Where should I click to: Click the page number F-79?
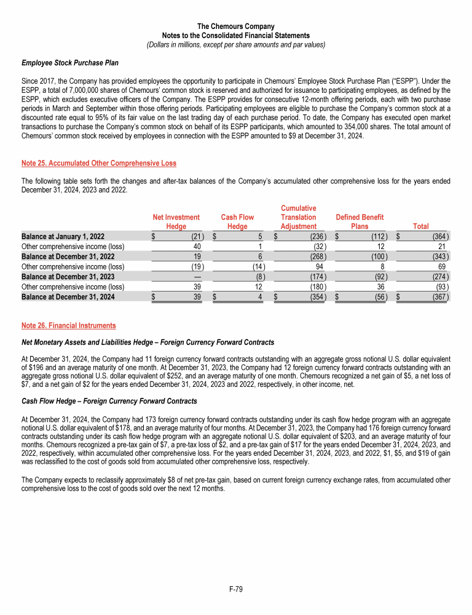(236, 590)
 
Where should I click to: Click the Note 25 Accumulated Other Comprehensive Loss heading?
(99, 163)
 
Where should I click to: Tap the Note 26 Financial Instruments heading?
(68, 325)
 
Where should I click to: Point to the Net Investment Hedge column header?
(176, 221)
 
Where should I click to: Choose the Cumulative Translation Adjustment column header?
(298, 217)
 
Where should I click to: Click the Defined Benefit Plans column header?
(360, 221)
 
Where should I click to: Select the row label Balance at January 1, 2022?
(63, 236)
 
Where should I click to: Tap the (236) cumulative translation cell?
(316, 236)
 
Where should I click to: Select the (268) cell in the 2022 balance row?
(316, 256)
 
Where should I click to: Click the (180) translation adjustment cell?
(316, 288)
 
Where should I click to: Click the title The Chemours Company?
(236, 26)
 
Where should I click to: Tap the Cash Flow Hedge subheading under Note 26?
(109, 401)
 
